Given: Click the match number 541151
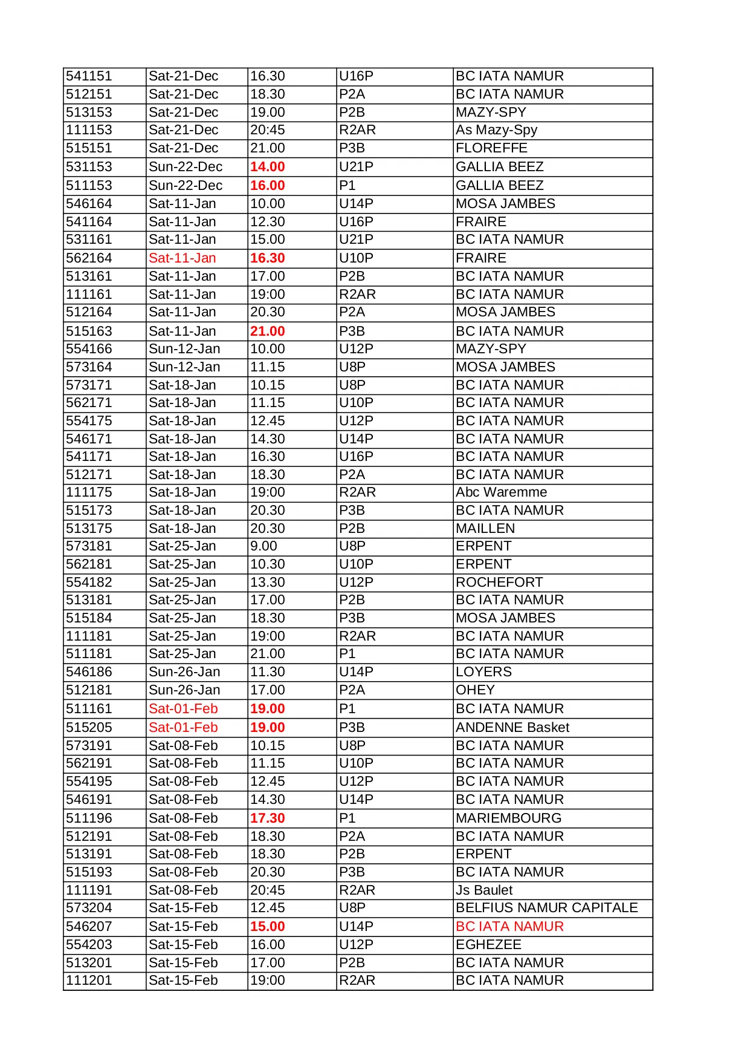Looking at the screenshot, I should click(x=89, y=76).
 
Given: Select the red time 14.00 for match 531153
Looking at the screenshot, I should click(x=267, y=167).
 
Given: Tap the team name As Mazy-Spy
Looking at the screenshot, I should click(x=496, y=130).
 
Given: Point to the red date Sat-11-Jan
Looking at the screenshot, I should click(x=182, y=258).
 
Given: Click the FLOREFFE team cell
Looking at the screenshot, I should click(x=491, y=148).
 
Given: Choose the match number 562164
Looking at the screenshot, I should click(x=89, y=258).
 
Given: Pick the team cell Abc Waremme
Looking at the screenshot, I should click(x=501, y=492).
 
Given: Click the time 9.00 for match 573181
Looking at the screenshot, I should click(x=263, y=546).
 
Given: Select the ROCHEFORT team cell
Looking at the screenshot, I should click(x=499, y=583).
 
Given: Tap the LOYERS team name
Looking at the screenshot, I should click(x=483, y=672).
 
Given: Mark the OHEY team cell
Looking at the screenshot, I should click(x=475, y=690).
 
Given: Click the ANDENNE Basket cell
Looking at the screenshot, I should click(x=512, y=728).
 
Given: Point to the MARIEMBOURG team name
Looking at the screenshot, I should click(x=508, y=818).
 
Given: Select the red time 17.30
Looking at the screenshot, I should click(x=267, y=818).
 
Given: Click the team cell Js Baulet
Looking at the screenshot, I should click(x=484, y=890).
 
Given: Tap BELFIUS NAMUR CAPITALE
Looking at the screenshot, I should click(x=546, y=908).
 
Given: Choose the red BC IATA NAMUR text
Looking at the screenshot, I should click(x=509, y=927).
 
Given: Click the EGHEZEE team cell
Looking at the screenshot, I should click(x=488, y=945).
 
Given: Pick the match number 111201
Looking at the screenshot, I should click(x=89, y=981).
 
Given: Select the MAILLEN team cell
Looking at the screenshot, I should click(x=485, y=529).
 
